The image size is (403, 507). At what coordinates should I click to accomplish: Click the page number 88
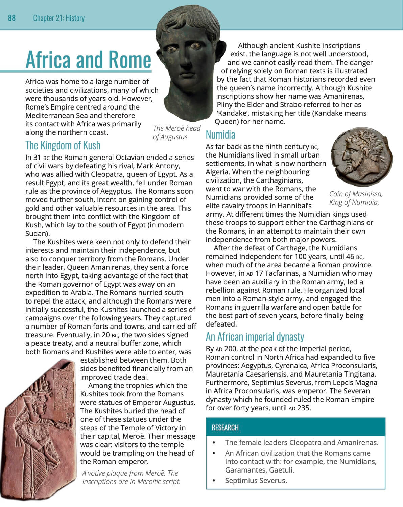point(12,18)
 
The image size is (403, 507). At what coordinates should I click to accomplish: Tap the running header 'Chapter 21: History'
point(58,18)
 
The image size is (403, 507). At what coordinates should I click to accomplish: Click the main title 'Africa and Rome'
point(88,59)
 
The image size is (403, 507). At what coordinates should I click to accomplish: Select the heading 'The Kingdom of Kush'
point(63,145)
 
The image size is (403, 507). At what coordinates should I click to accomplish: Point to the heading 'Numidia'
point(220,135)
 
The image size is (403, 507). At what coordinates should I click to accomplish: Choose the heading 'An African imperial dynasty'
point(255,337)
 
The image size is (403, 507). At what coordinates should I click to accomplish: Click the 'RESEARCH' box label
point(225,428)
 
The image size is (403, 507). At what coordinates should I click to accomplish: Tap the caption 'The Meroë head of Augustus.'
point(176,132)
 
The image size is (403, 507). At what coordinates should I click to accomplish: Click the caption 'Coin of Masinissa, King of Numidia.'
point(356,198)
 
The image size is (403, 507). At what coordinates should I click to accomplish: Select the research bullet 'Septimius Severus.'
point(256,480)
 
